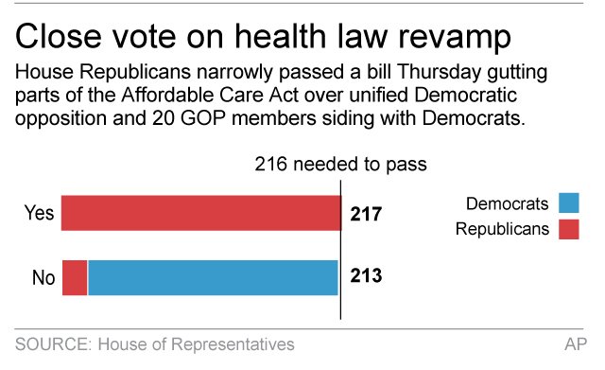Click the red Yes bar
pyautogui.click(x=200, y=214)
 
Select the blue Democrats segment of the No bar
pyautogui.click(x=213, y=277)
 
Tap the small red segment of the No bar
pyautogui.click(x=75, y=277)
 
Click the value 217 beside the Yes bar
pyautogui.click(x=364, y=215)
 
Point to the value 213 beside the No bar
pyautogui.click(x=364, y=277)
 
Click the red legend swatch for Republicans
pyautogui.click(x=568, y=229)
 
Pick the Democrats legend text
pyautogui.click(x=507, y=204)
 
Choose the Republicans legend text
pyautogui.click(x=501, y=229)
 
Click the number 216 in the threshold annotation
pyautogui.click(x=272, y=164)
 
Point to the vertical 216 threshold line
pyautogui.click(x=340, y=246)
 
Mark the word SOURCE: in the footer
pyautogui.click(x=53, y=344)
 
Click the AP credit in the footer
pyautogui.click(x=572, y=344)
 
